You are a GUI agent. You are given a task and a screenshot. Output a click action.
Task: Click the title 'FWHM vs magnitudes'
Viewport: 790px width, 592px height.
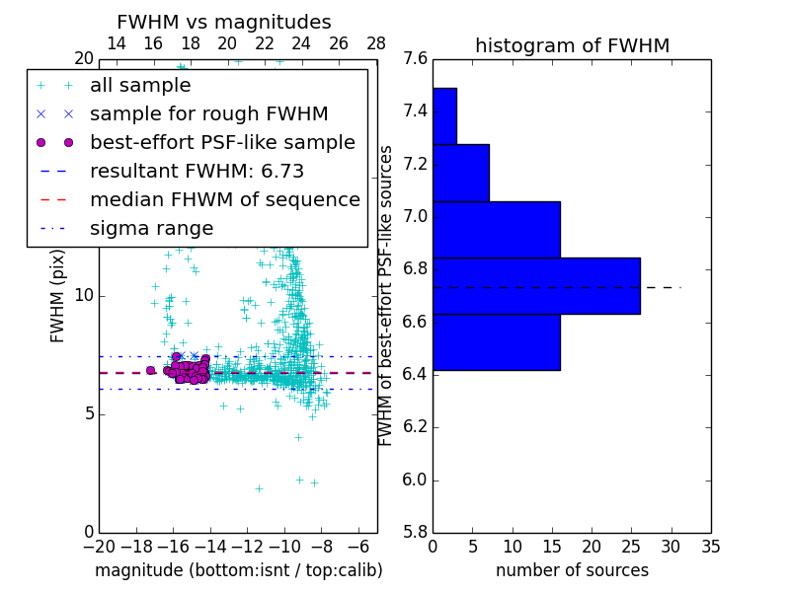[223, 22]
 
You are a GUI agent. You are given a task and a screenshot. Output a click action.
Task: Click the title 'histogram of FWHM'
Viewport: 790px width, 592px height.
[572, 45]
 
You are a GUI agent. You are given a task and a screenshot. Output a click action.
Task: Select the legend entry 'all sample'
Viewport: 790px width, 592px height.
[140, 86]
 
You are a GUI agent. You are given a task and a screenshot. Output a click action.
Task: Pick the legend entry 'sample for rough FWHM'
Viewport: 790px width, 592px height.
[208, 114]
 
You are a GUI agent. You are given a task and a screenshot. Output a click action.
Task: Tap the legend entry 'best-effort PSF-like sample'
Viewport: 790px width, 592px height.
[222, 143]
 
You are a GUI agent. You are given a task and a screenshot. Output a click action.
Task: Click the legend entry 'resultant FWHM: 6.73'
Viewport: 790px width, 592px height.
[197, 172]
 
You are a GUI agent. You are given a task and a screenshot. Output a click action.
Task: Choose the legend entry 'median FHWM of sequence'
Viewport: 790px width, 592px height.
[224, 200]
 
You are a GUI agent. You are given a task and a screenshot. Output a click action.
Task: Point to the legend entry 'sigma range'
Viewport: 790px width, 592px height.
[151, 229]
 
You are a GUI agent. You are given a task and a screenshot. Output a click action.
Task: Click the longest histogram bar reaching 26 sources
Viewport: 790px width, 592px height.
[536, 286]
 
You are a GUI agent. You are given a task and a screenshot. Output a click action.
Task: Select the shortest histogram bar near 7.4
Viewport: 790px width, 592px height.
[444, 115]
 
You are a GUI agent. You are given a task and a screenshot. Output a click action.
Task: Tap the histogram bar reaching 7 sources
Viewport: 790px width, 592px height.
[460, 173]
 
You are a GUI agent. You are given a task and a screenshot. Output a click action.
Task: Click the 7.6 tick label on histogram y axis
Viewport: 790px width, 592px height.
[416, 58]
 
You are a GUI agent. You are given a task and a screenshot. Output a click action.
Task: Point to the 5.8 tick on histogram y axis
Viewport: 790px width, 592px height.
[416, 533]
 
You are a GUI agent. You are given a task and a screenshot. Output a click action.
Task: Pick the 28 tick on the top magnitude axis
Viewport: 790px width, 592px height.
[376, 43]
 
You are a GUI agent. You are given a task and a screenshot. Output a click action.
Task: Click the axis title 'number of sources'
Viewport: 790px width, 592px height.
[572, 570]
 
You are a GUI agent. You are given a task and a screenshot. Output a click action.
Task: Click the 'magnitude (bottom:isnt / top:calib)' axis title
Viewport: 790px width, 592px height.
[238, 570]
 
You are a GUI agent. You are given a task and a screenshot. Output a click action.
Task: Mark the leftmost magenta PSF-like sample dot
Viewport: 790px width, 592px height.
[150, 370]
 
